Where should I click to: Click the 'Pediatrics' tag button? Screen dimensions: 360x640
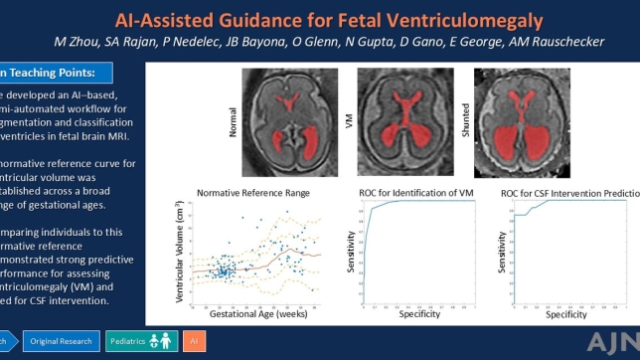pyautogui.click(x=140, y=341)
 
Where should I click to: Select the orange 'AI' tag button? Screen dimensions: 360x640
pyautogui.click(x=193, y=341)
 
